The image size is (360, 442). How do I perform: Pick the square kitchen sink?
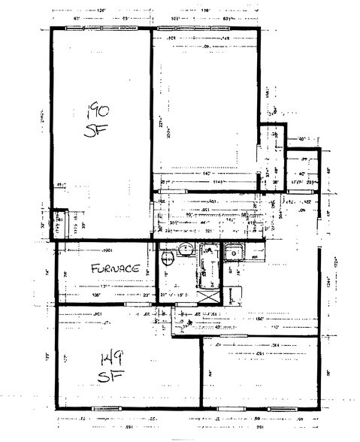(x=234, y=253)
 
